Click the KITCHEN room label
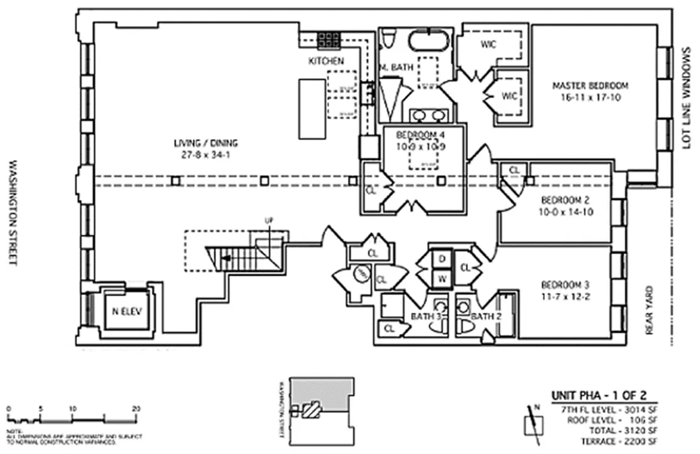pos(326,61)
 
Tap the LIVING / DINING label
pos(206,143)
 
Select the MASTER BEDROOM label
pos(590,86)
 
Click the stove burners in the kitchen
pos(329,39)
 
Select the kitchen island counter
pos(312,108)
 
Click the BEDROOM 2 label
pos(560,200)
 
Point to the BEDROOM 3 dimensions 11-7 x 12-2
pos(560,295)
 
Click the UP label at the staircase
pos(269,220)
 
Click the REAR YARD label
pos(650,309)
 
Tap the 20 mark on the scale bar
pos(136,408)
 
